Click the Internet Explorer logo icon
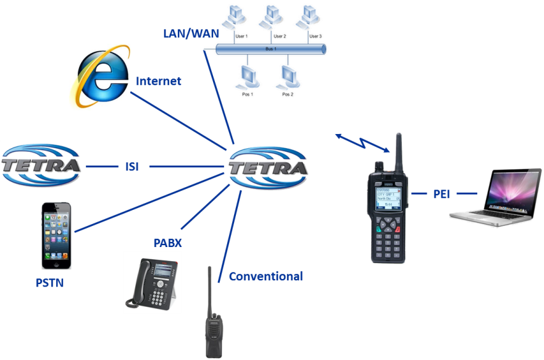tap(99, 76)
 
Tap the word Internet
tap(159, 81)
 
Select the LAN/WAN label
tap(191, 33)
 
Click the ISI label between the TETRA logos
tap(130, 167)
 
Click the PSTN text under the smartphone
tap(50, 283)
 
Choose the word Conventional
tap(266, 276)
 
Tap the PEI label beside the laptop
tap(441, 194)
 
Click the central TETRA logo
tap(268, 167)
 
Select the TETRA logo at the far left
tap(41, 165)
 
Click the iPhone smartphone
tap(56, 235)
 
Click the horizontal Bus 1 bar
tap(269, 49)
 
